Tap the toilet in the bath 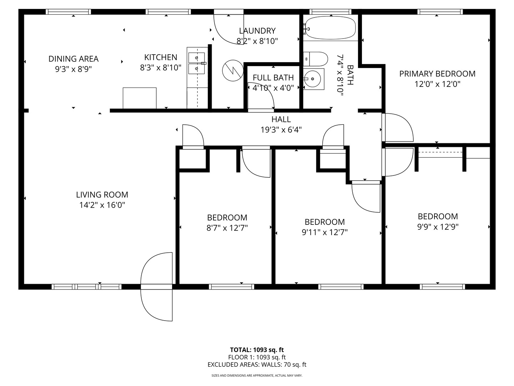[316, 59]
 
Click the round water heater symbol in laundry [232, 70]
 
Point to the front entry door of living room [157, 286]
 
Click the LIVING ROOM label [102, 195]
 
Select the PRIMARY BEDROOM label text [437, 74]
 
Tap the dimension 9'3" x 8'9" [74, 69]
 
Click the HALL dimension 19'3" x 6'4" [281, 130]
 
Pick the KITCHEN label [161, 57]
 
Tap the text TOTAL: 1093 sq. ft [257, 350]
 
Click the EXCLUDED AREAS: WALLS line [257, 365]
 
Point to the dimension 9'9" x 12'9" [438, 227]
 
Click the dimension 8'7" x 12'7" [227, 228]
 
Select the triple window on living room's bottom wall [87, 287]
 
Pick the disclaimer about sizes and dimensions [257, 376]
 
